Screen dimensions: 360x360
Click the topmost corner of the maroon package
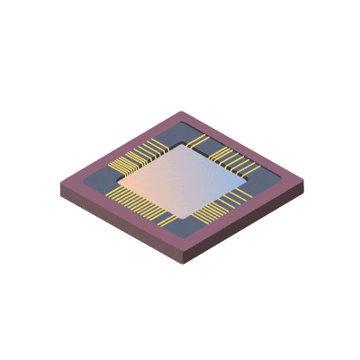tap(184, 112)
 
